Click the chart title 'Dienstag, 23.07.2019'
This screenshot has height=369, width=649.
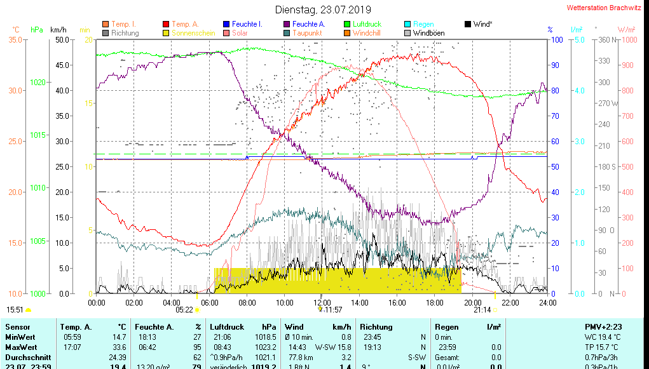322,10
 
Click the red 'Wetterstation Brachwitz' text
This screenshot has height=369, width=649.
604,8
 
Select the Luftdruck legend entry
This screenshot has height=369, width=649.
367,24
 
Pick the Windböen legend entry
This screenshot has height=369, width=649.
428,33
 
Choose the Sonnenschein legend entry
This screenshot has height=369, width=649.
189,33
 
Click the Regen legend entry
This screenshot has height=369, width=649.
423,24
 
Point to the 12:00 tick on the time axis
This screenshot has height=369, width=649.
322,302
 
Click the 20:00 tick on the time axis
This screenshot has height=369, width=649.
472,302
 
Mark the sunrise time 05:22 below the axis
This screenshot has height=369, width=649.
184,310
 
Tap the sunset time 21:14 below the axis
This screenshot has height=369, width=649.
482,310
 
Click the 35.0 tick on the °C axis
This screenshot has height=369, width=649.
15,40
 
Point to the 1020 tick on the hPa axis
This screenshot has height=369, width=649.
38,83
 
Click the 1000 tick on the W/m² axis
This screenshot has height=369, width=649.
627,40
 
